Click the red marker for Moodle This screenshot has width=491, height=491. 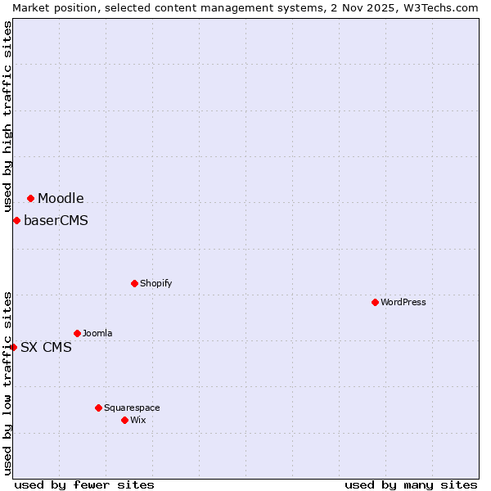point(30,198)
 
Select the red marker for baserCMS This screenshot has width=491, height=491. point(16,220)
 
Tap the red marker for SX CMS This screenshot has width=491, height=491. point(13,347)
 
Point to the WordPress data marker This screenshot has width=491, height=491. point(375,302)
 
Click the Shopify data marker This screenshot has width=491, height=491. point(134,283)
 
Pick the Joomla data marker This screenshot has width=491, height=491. point(77,333)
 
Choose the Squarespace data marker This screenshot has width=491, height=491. point(98,408)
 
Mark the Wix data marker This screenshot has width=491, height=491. point(124,420)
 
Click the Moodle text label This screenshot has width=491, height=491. point(61,198)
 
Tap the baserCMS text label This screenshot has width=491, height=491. point(56,220)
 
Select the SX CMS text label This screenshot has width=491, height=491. point(46,347)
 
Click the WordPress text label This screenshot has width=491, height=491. point(403,302)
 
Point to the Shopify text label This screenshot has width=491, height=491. point(155,283)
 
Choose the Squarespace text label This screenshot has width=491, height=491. point(132,408)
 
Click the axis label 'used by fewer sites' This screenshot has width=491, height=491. point(84,484)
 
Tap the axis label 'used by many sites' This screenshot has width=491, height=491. point(411,484)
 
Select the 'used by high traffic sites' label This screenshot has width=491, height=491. point(7,116)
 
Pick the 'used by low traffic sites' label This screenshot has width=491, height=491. point(7,382)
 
